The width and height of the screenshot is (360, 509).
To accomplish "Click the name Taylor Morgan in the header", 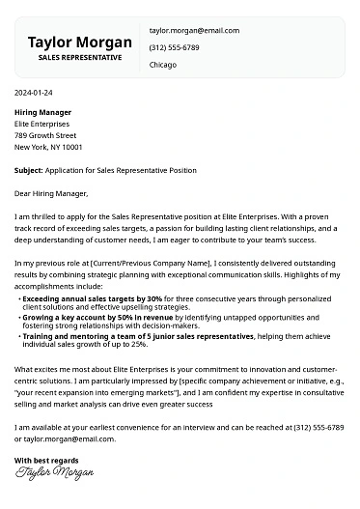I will click(x=79, y=42).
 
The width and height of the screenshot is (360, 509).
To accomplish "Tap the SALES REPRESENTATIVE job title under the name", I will click(x=80, y=58).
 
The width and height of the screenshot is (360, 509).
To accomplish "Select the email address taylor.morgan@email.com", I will click(x=193, y=31).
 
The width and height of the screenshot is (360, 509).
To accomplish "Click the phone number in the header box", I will click(x=175, y=47).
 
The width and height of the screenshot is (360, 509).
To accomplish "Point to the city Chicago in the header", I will click(x=164, y=65).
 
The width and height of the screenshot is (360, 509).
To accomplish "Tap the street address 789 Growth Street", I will click(x=45, y=135).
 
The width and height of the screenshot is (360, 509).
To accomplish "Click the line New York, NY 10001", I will click(x=48, y=147).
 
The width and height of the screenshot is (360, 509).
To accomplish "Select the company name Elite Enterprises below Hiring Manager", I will click(x=42, y=124).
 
